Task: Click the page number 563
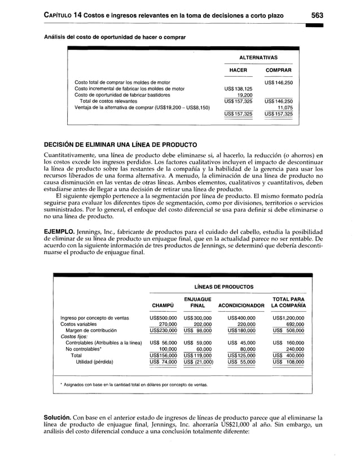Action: coord(315,15)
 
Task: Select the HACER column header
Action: coord(238,70)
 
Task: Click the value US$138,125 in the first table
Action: coord(238,89)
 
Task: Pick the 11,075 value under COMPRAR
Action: coord(284,107)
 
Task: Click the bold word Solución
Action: coord(61,418)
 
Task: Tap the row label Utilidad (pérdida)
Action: coord(91,361)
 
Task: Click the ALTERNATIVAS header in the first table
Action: coord(258,58)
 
